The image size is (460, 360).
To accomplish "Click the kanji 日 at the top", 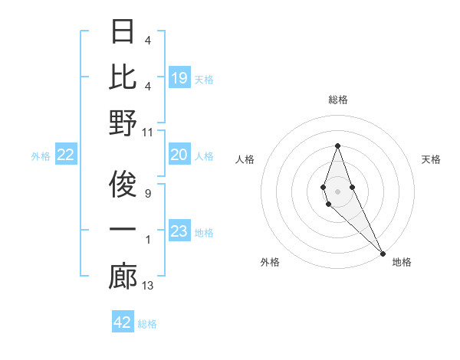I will coord(123,33).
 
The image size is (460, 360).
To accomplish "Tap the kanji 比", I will coord(123,77).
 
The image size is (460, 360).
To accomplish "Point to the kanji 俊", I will coord(123,186).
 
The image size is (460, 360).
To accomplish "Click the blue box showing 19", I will coord(179,78).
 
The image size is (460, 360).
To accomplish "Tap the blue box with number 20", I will coord(179,155).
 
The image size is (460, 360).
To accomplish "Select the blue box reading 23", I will coord(179,232).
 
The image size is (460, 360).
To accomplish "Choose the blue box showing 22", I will coord(66,155).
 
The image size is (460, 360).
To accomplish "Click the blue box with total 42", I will coord(123,322).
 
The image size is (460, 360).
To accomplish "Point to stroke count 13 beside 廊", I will coord(149,286).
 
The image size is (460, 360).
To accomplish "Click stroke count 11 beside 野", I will coord(149,133).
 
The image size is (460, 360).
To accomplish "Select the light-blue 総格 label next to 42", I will coord(147,324).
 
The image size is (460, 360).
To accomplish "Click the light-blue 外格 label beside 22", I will coord(41,156).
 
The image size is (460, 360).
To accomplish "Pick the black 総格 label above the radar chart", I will coord(337,100).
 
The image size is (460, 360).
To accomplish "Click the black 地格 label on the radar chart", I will coord(402,262).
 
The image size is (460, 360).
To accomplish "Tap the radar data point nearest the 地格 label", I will coord(383,253).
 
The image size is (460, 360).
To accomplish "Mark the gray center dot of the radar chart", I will coord(337,191).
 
